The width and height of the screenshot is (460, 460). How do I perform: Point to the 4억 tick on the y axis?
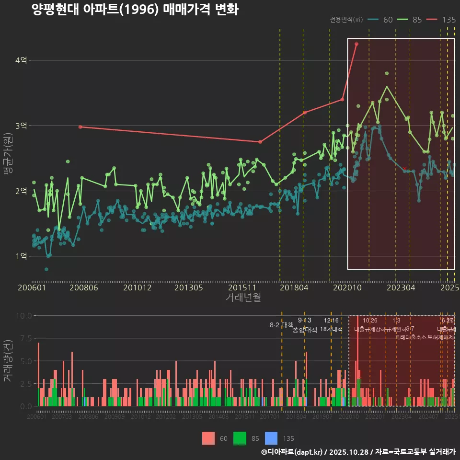21,60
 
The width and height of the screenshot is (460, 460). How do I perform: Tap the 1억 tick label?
21,256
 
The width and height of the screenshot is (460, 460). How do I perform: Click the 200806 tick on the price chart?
84,288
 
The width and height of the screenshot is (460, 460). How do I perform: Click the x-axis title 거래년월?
243,298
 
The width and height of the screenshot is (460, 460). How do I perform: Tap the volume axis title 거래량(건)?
8,361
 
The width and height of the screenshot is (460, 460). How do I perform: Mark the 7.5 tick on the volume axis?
24,338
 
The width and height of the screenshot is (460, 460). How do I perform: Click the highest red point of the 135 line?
356,44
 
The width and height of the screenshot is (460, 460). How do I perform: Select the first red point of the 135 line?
80,126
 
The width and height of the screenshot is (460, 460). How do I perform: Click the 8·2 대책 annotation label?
281,325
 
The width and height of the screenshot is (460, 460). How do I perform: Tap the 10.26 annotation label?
370,321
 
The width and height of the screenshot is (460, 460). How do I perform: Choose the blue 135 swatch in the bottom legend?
271,438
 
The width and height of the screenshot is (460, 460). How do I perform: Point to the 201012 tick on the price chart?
137,288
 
